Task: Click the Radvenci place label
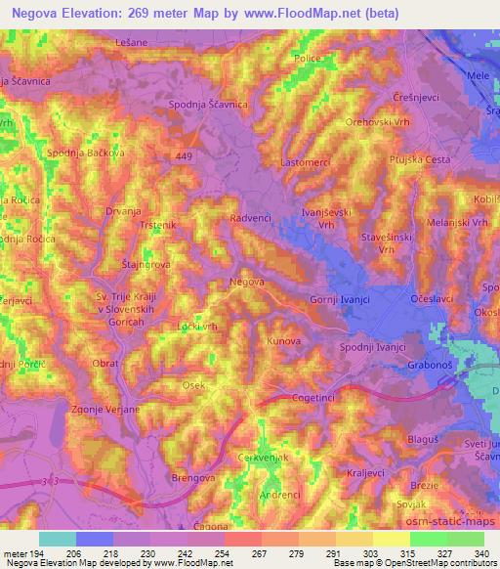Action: [x=251, y=219]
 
